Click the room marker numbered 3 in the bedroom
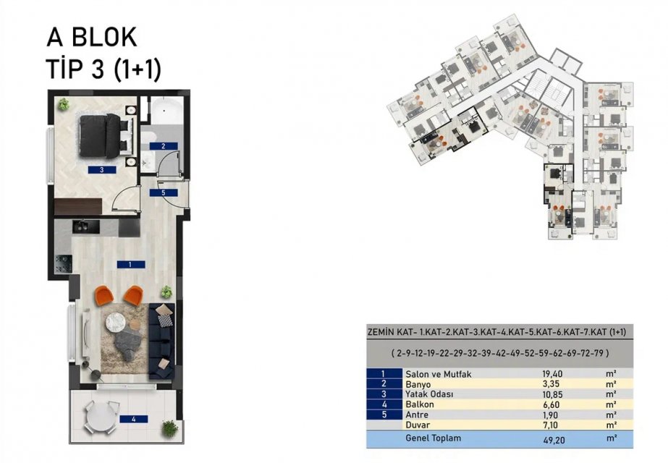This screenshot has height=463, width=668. point(102,169)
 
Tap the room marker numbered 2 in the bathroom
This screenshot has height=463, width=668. point(163,146)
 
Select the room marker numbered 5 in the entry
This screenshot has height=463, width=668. point(163,192)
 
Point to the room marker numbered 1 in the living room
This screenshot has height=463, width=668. point(131,265)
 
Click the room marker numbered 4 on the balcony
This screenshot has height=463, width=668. point(134,419)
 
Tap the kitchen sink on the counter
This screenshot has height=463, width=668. point(85,226)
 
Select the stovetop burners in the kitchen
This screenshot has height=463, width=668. point(63,263)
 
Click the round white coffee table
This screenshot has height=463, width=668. point(117,323)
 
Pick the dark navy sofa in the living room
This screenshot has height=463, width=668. point(161,341)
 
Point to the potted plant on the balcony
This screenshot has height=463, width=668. point(170,428)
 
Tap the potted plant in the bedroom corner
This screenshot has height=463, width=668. point(64,104)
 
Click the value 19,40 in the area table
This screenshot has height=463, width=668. point(552,374)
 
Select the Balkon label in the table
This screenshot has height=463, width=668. point(420,404)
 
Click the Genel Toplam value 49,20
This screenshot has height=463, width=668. point(554,440)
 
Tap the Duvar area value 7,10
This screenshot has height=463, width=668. point(552,425)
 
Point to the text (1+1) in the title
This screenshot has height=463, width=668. point(138,69)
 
